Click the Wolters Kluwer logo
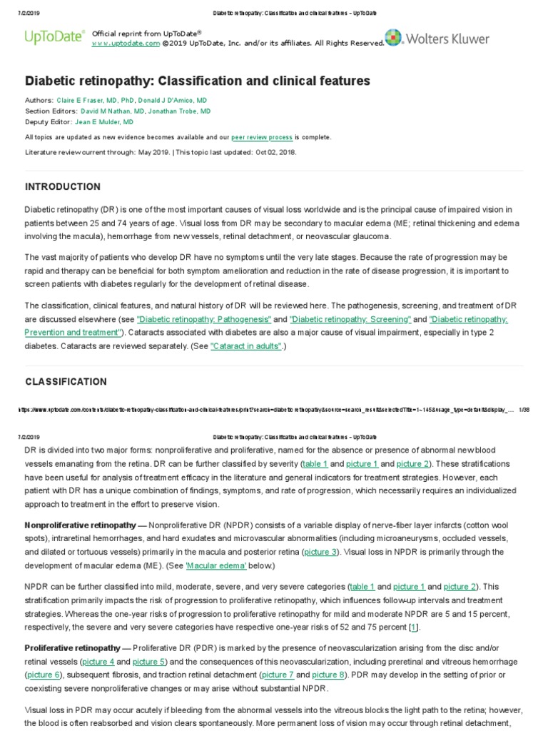click(437, 39)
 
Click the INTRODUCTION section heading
click(63, 187)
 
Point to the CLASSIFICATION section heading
click(66, 382)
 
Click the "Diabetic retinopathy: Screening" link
click(350, 320)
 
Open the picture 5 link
click(149, 661)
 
